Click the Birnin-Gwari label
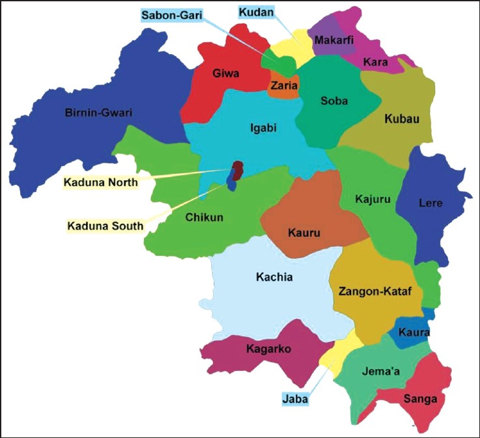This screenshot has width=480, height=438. (98, 113)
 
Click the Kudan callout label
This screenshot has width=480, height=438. (256, 12)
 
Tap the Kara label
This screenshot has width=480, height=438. (376, 62)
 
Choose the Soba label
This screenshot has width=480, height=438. (334, 101)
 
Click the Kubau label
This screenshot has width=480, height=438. (402, 119)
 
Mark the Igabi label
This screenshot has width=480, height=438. (263, 128)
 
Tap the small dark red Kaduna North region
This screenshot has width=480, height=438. (238, 170)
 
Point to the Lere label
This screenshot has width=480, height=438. (431, 203)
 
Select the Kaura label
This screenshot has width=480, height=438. (414, 333)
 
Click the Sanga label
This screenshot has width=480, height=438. (419, 398)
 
